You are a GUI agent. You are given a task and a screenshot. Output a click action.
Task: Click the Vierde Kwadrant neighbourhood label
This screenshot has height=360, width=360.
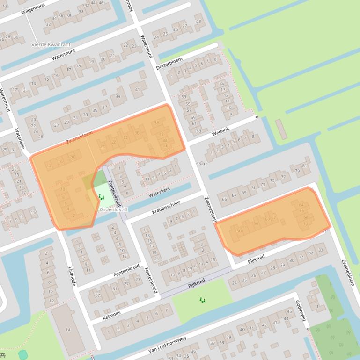(51, 45)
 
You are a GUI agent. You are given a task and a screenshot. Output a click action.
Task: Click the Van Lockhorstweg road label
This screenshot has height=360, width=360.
(167, 344)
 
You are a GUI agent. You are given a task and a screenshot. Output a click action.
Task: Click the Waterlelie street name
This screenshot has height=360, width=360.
(20, 138)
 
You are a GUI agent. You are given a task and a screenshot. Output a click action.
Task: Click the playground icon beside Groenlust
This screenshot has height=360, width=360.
(101, 198)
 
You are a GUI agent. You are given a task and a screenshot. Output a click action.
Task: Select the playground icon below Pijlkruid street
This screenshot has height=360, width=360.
(202, 300)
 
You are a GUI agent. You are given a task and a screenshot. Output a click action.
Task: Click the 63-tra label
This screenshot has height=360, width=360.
(202, 163)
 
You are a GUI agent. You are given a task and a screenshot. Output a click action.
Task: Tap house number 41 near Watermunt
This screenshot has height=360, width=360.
(137, 89)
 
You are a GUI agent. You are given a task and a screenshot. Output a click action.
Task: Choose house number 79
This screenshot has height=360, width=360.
(297, 171)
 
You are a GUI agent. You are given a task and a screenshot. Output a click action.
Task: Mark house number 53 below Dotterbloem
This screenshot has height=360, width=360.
(184, 97)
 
